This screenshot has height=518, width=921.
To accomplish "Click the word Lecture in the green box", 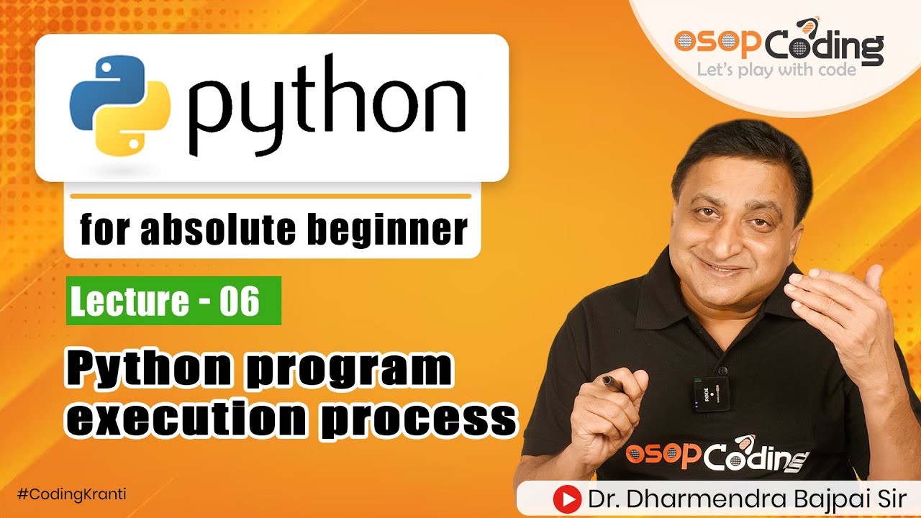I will click(x=130, y=301).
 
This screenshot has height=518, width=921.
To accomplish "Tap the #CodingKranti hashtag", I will click(x=71, y=494).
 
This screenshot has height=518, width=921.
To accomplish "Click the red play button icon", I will click(x=567, y=499).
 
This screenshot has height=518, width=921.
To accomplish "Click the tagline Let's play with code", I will click(x=776, y=70).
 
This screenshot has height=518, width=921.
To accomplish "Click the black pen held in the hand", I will click(x=613, y=382).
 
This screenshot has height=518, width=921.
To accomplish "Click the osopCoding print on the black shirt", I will click(x=717, y=455).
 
